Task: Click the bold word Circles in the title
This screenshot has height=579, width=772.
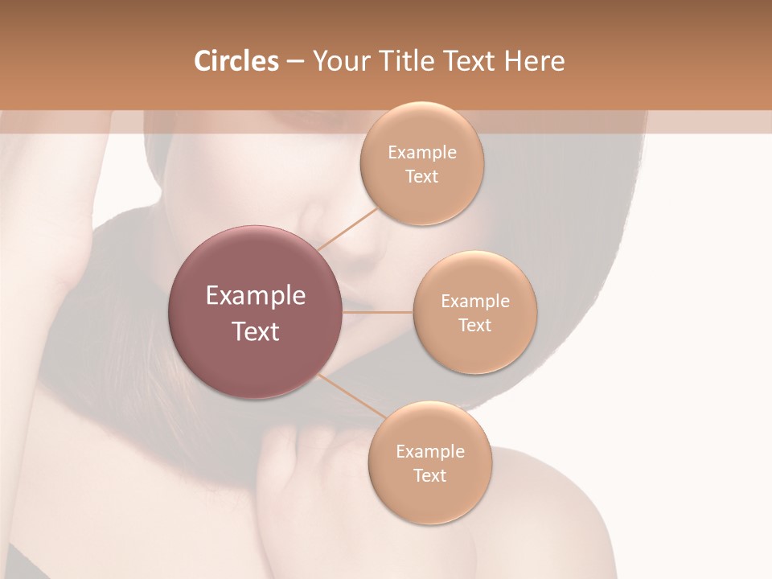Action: [236, 61]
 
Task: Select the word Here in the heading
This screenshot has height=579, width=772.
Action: [535, 61]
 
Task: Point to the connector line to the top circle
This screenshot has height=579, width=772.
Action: [347, 228]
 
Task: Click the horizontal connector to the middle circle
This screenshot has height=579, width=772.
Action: [378, 312]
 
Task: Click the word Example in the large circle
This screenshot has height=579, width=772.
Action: [256, 296]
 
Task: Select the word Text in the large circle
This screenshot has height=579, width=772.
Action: [256, 331]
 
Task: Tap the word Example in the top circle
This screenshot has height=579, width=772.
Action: [421, 153]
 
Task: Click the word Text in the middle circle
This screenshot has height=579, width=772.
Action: [474, 326]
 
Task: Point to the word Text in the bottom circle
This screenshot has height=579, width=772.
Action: [429, 476]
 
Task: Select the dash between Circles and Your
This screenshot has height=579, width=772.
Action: [294, 62]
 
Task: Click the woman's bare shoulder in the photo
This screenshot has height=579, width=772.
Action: [563, 515]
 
